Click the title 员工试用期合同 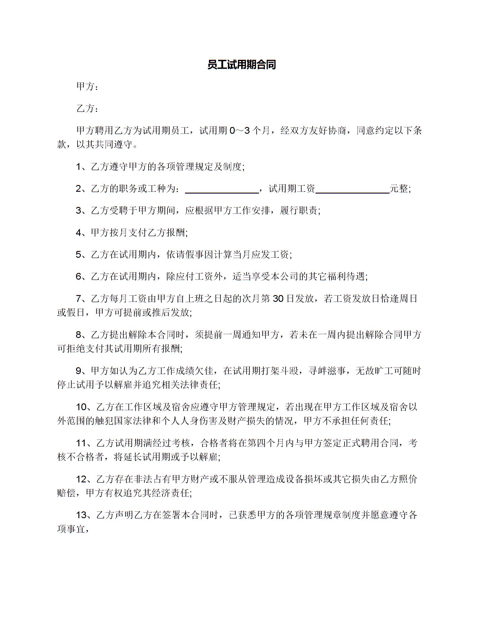241,65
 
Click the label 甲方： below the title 87,87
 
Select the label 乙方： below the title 87,109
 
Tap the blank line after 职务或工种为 222,189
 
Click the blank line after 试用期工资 352,189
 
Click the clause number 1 78,167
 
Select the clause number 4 78,233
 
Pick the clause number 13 81,516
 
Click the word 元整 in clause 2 399,189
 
